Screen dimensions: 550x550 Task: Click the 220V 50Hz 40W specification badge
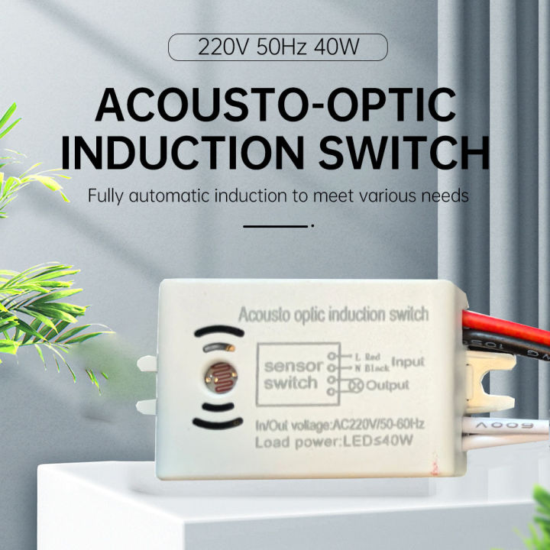click(x=278, y=49)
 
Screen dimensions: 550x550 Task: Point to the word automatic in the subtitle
click(x=178, y=196)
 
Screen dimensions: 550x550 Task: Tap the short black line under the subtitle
click(x=274, y=225)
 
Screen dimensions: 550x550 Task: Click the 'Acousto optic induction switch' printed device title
click(x=333, y=314)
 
